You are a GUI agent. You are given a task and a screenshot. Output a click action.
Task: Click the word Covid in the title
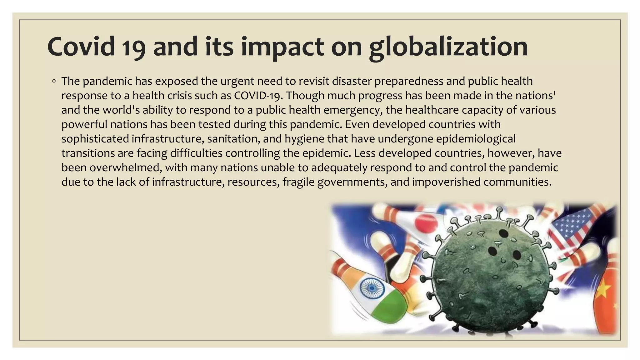(81, 47)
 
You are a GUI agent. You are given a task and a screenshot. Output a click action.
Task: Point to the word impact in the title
(282, 47)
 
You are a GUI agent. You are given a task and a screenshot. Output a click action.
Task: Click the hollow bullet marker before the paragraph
(54, 81)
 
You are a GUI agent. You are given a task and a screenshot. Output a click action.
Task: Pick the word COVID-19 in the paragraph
(258, 96)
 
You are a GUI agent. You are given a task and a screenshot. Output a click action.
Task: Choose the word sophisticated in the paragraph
(95, 139)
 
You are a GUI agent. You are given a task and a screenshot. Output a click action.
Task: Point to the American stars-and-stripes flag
(572, 230)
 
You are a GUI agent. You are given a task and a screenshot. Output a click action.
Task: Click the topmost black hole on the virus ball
(503, 233)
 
